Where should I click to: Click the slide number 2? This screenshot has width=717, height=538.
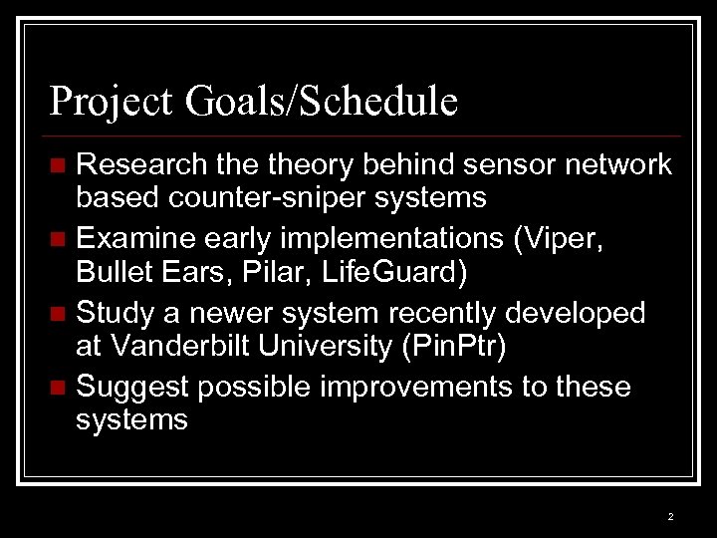coord(670,516)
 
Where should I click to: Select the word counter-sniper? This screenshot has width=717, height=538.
coord(274,198)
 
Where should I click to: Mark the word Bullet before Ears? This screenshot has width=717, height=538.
coord(113,272)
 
